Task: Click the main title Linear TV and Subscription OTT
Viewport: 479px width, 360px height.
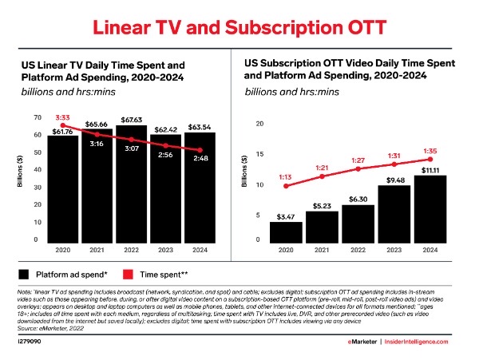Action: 239,26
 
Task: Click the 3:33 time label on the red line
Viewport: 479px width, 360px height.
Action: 64,117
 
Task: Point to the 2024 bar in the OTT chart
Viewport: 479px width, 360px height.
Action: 430,212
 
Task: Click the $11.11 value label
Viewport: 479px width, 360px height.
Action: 430,170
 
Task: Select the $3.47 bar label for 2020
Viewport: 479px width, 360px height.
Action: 285,216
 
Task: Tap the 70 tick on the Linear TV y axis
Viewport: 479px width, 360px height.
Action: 38,118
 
